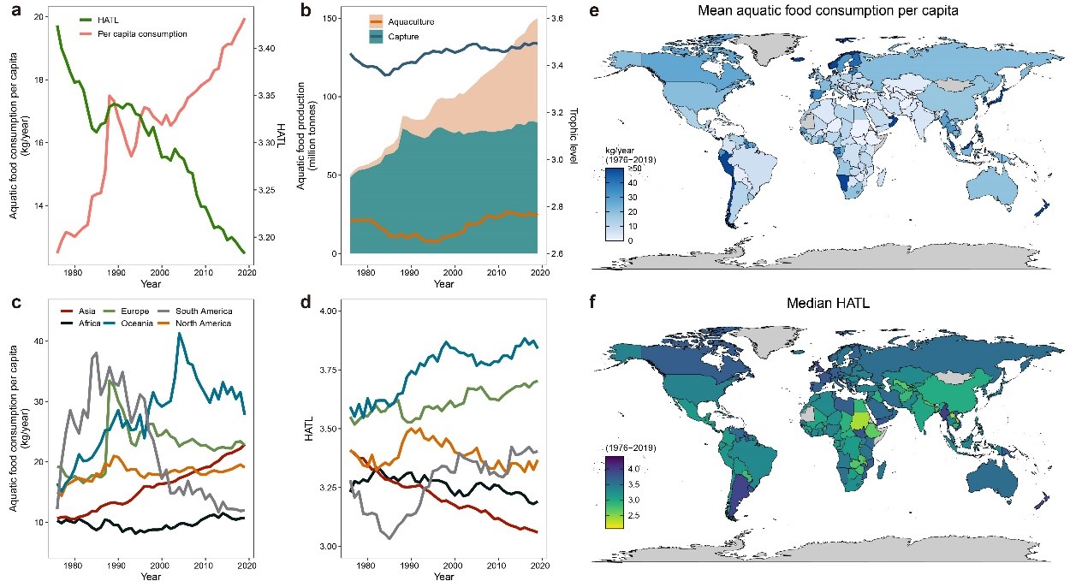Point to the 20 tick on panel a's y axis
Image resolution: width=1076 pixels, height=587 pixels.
click(39, 17)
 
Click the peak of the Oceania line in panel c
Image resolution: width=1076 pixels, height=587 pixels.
click(178, 334)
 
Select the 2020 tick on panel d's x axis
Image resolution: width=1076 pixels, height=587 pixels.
click(540, 565)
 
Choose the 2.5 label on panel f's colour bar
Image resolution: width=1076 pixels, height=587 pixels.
click(634, 514)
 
